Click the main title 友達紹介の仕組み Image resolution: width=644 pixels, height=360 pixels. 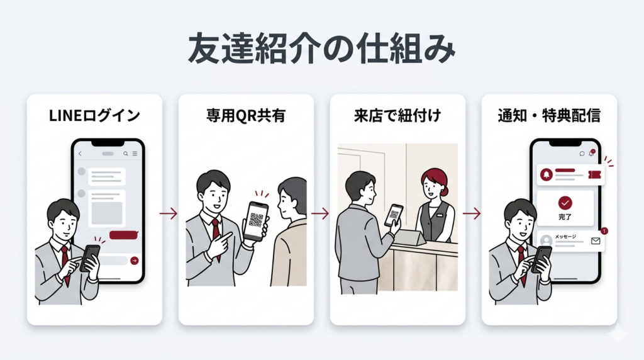coord(321,49)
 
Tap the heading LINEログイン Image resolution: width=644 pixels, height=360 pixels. coord(94,116)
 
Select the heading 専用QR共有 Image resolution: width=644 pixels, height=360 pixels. coord(246,116)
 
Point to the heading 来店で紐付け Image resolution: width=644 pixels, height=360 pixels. coord(397,116)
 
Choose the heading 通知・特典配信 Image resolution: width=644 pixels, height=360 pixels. coord(549,116)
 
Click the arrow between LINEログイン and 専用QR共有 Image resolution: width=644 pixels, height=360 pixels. coord(169,214)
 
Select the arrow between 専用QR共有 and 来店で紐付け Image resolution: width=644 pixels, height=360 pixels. coord(320,214)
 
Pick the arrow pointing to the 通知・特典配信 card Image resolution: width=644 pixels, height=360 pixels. coord(472,214)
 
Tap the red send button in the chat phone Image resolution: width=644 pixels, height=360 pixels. coord(135,261)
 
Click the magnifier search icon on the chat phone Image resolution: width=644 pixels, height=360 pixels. coord(126,154)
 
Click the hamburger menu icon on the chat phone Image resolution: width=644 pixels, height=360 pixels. coord(135,154)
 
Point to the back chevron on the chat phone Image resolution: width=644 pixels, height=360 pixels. coord(80,154)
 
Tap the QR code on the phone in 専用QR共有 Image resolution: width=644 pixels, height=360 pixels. coord(255,220)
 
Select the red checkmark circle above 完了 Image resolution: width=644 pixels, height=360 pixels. coord(565,203)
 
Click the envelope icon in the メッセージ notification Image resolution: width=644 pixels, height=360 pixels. coord(596,241)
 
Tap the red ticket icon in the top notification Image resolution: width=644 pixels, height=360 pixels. coord(595,175)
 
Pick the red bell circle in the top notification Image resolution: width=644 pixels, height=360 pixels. coord(547,175)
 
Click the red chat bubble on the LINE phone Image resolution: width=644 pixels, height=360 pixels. coord(124,235)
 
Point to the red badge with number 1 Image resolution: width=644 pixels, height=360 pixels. coord(604,231)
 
